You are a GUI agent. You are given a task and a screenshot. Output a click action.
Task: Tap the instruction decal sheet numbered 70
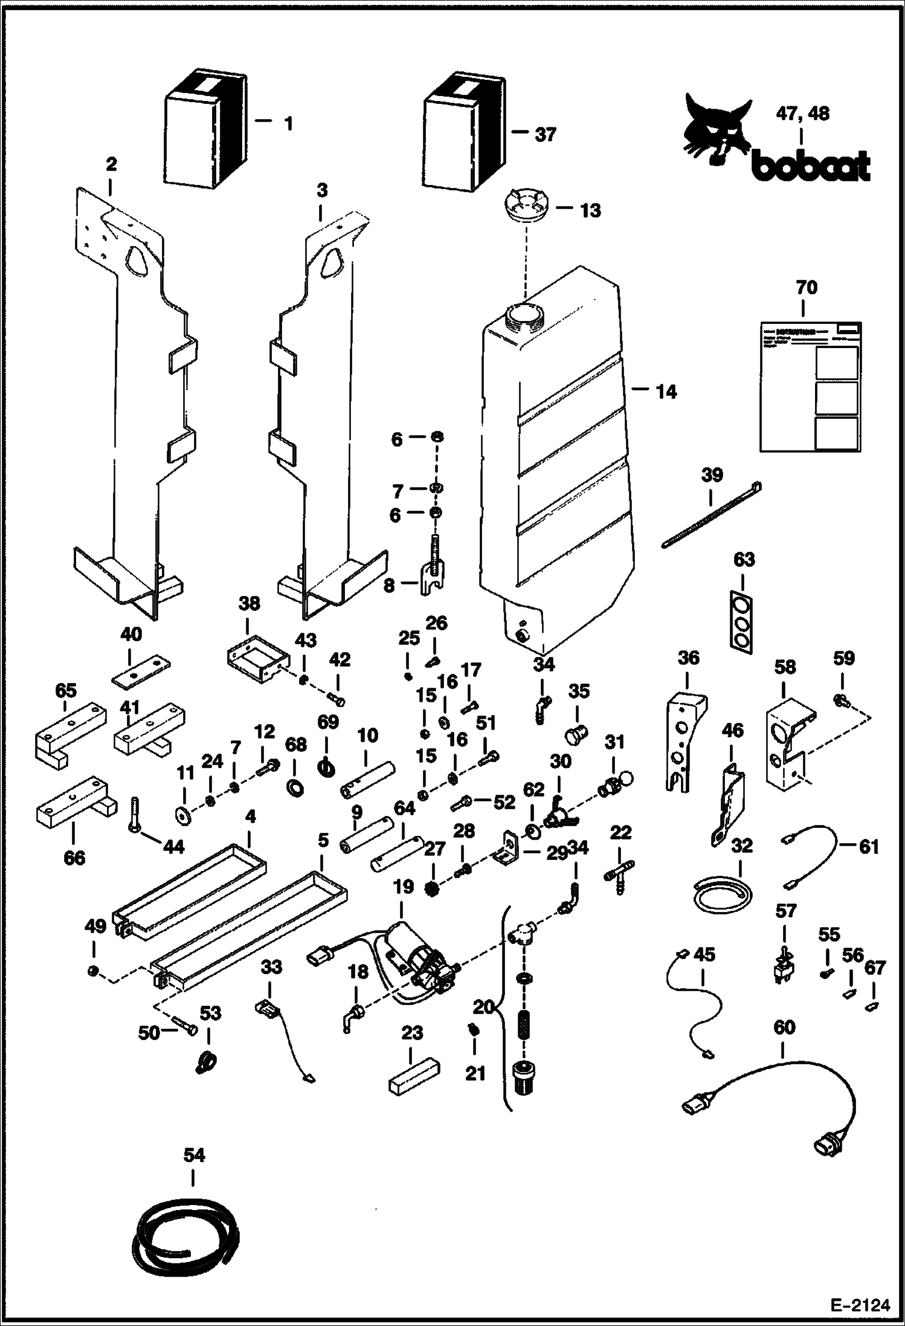pyautogui.click(x=810, y=387)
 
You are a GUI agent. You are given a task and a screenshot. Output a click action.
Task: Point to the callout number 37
pyautogui.click(x=545, y=134)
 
